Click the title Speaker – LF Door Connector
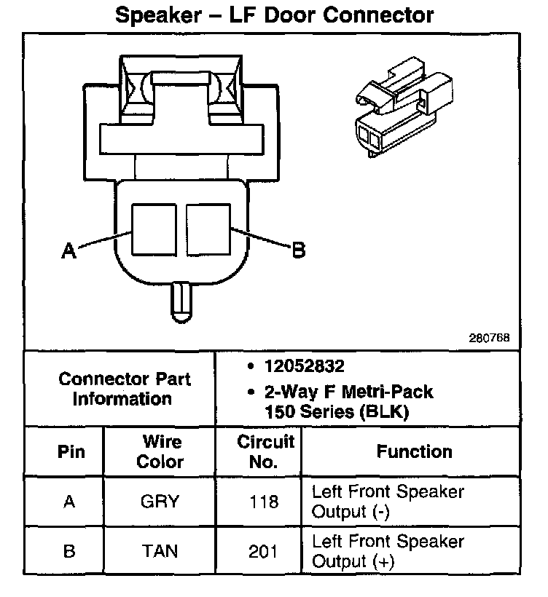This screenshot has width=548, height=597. click(x=275, y=15)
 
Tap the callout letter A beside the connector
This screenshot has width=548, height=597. click(x=68, y=251)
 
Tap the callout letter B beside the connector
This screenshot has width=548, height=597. click(x=298, y=251)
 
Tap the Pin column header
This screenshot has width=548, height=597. click(x=70, y=451)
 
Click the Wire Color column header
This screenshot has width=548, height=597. click(x=160, y=451)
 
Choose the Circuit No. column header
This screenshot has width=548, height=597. click(x=266, y=451)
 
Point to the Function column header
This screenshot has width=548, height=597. click(x=414, y=451)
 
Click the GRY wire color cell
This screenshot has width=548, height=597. click(x=160, y=502)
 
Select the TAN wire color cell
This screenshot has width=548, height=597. click(x=160, y=551)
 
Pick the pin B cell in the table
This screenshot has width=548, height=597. click(x=69, y=551)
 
